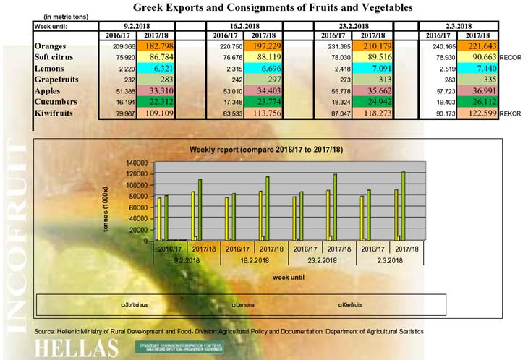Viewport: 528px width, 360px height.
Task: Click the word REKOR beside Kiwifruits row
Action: (x=511, y=113)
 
